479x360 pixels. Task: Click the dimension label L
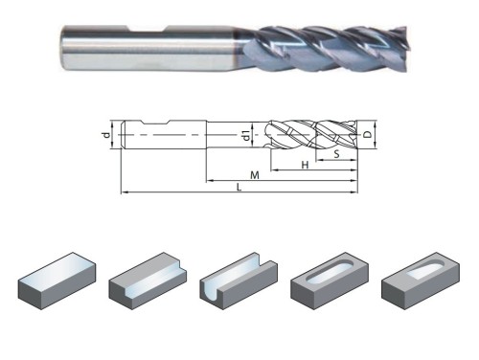pyautogui.click(x=239, y=187)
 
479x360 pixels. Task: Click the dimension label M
pyautogui.click(x=255, y=175)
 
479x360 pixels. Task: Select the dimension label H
pyautogui.click(x=306, y=165)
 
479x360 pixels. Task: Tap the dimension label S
pyautogui.click(x=336, y=154)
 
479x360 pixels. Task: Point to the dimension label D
pyautogui.click(x=368, y=134)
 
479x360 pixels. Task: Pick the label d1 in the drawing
pyautogui.click(x=246, y=135)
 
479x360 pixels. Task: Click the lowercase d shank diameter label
pyautogui.click(x=106, y=135)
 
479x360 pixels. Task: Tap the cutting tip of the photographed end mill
pyautogui.click(x=403, y=48)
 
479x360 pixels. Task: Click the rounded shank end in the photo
pyautogui.click(x=64, y=47)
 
